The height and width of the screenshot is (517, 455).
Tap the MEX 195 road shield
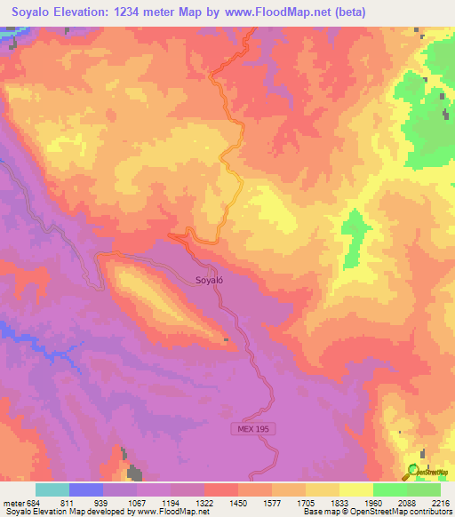(252, 428)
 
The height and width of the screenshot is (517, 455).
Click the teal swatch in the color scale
(52, 489)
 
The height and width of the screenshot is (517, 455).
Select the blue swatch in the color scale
(86, 489)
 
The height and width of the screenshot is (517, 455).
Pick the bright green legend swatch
(390, 489)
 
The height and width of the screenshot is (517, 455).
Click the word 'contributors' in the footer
(425, 512)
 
